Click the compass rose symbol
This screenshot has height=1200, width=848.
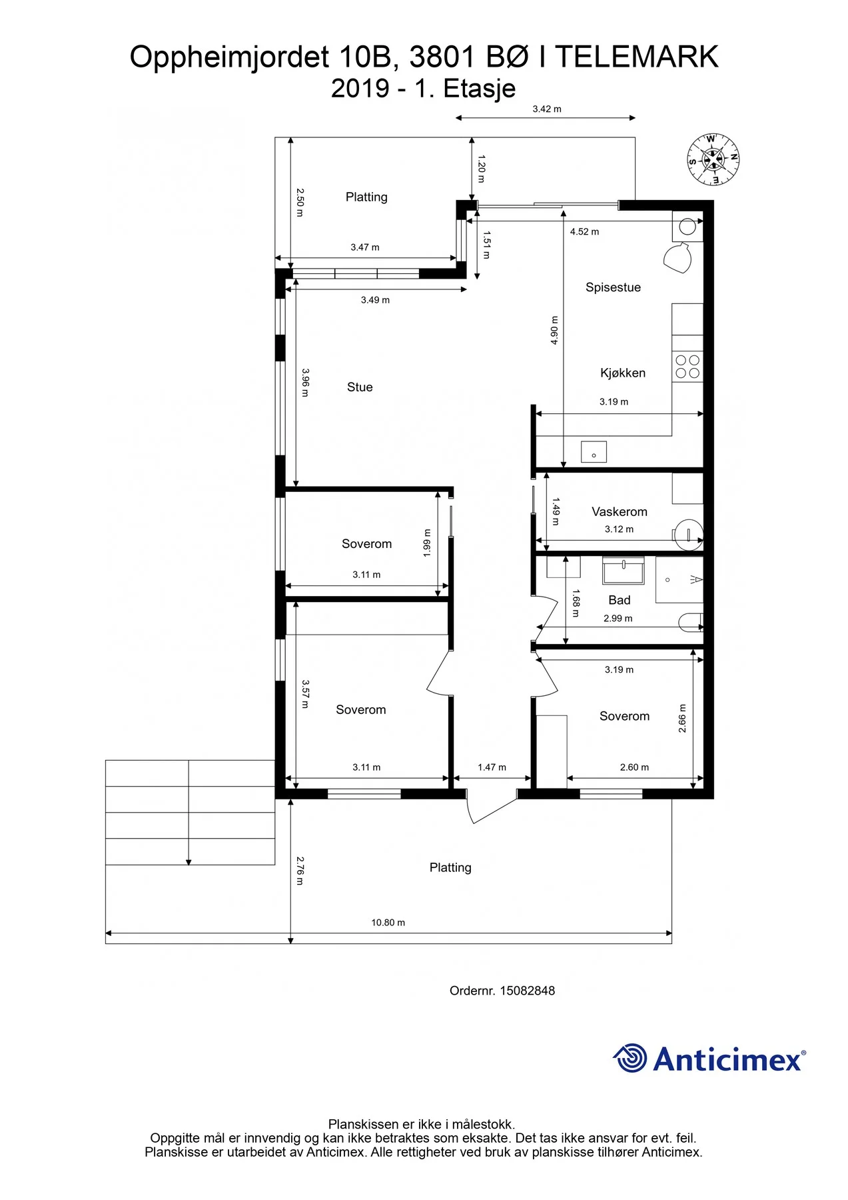[x=713, y=159]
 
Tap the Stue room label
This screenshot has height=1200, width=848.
[x=360, y=387]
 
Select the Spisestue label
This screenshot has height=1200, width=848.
[x=613, y=287]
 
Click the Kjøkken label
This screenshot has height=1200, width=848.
[x=623, y=373]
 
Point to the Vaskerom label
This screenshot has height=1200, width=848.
[x=620, y=511]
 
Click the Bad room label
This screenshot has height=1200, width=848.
[x=620, y=600]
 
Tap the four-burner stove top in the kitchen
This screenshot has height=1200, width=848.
[x=687, y=367]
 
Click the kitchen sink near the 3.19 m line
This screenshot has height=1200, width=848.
[x=594, y=451]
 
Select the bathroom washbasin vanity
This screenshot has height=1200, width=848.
[x=623, y=571]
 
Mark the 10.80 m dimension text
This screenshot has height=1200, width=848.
[x=388, y=923]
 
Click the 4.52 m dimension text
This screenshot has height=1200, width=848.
[x=584, y=232]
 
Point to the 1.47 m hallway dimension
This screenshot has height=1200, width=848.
[x=492, y=767]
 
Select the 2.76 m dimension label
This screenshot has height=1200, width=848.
[x=300, y=871]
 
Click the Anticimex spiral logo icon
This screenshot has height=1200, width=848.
[x=630, y=1058]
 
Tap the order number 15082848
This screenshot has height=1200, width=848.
[x=527, y=991]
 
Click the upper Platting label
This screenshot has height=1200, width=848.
[x=366, y=197]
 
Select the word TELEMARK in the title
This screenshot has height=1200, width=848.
[x=637, y=57]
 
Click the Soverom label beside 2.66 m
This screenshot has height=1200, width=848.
[x=624, y=716]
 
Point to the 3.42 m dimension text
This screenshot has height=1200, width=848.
[x=547, y=109]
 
